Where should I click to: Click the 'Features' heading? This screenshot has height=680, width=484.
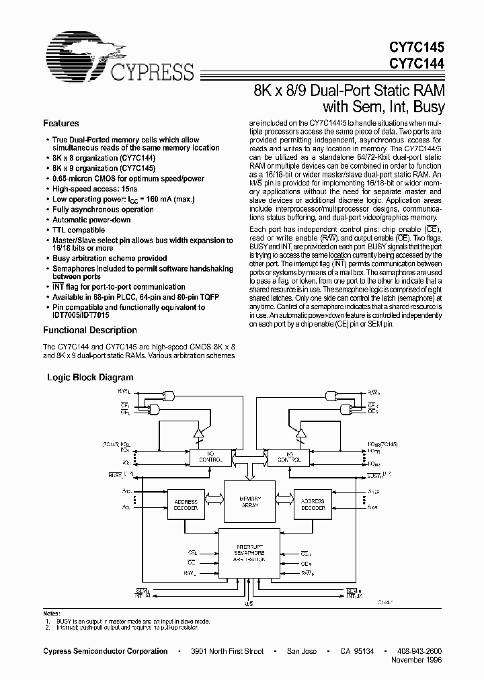pyautogui.click(x=61, y=124)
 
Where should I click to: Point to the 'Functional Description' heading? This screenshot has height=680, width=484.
pyautogui.click(x=90, y=331)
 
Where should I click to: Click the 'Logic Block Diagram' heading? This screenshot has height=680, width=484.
pyautogui.click(x=90, y=378)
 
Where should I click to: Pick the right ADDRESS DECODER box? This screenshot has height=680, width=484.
pyautogui.click(x=313, y=505)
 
